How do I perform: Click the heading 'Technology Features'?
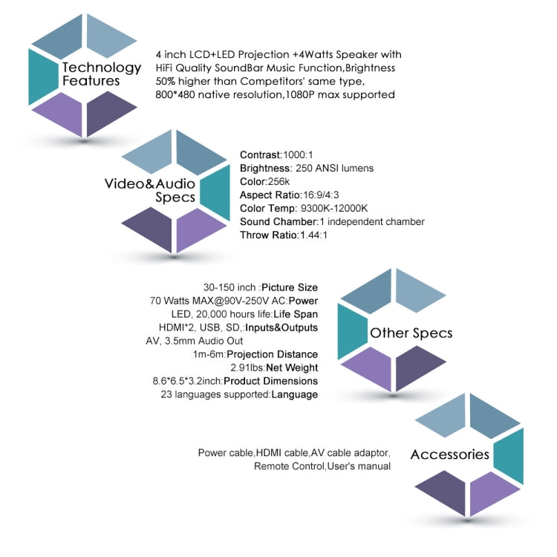(x=102, y=74)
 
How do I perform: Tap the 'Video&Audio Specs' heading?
(x=150, y=190)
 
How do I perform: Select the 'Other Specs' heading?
(x=411, y=333)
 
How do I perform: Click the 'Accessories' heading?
(x=450, y=455)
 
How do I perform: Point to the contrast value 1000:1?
(x=298, y=155)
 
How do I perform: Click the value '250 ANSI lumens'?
(x=335, y=168)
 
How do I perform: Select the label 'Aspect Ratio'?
(x=270, y=195)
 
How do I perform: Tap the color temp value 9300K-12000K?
(x=334, y=208)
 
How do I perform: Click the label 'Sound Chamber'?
(x=278, y=221)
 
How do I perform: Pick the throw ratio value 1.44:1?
(x=313, y=235)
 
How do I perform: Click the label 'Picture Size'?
(x=290, y=287)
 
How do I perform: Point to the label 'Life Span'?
(x=296, y=314)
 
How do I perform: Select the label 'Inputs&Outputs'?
(x=281, y=328)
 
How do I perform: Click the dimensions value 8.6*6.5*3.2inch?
(x=187, y=381)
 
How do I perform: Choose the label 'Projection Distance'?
(x=272, y=354)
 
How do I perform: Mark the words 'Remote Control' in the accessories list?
(x=289, y=466)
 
